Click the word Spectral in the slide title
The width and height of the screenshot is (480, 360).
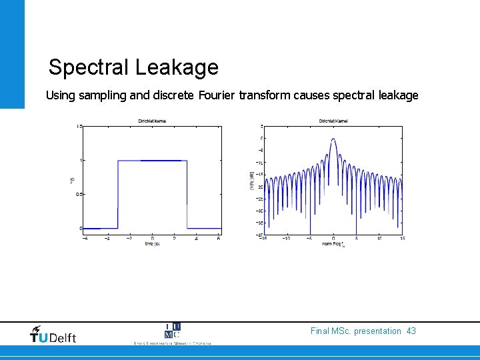pos(89,68)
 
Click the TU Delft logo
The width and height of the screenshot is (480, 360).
pos(53,335)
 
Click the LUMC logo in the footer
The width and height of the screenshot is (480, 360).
pos(172,331)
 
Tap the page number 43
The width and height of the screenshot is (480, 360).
pos(410,331)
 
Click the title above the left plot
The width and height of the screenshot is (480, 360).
pos(152,121)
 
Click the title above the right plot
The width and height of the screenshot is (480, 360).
pos(333,121)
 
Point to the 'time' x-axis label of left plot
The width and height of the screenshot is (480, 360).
pos(152,243)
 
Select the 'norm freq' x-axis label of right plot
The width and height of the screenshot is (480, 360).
pos(333,244)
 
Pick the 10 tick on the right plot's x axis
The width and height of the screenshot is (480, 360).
pos(379,238)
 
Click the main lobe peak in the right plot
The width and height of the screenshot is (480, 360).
pos(333,140)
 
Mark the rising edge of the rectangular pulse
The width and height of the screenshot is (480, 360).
pos(118,193)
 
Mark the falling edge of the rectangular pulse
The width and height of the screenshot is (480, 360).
pos(187,193)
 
